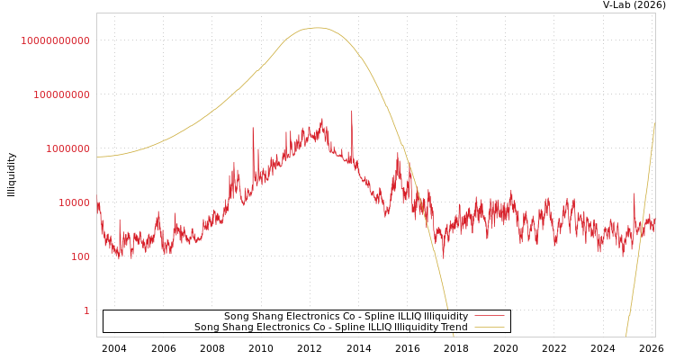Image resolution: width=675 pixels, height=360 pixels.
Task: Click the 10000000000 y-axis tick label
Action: click(x=55, y=40)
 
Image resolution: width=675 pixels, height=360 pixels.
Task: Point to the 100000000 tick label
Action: click(x=61, y=94)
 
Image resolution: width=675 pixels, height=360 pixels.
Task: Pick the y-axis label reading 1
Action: click(x=86, y=310)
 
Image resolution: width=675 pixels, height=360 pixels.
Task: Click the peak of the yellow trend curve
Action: click(x=319, y=28)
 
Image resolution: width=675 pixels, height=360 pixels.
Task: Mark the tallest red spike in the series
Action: click(x=351, y=111)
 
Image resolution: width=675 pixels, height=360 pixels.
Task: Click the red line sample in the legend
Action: click(x=489, y=317)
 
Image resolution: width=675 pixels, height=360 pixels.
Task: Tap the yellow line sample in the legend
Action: click(x=489, y=328)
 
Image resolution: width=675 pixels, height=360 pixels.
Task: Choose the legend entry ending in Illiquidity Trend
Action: click(x=330, y=328)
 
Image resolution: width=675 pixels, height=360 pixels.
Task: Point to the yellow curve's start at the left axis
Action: click(x=98, y=157)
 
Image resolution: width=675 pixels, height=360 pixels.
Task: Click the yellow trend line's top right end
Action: click(x=654, y=124)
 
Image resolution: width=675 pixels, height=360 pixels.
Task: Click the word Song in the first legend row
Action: click(x=237, y=317)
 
